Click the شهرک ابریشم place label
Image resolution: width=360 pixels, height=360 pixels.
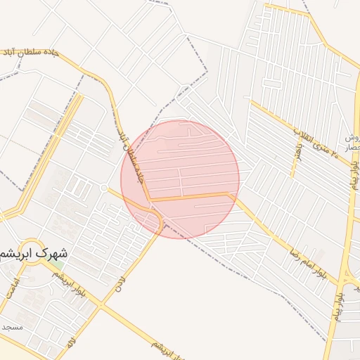click(x=35, y=252)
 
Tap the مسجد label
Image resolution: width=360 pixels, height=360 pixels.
click(x=13, y=327)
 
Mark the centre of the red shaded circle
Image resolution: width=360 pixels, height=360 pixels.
click(x=180, y=179)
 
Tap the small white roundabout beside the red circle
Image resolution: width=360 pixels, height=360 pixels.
click(x=104, y=188)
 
